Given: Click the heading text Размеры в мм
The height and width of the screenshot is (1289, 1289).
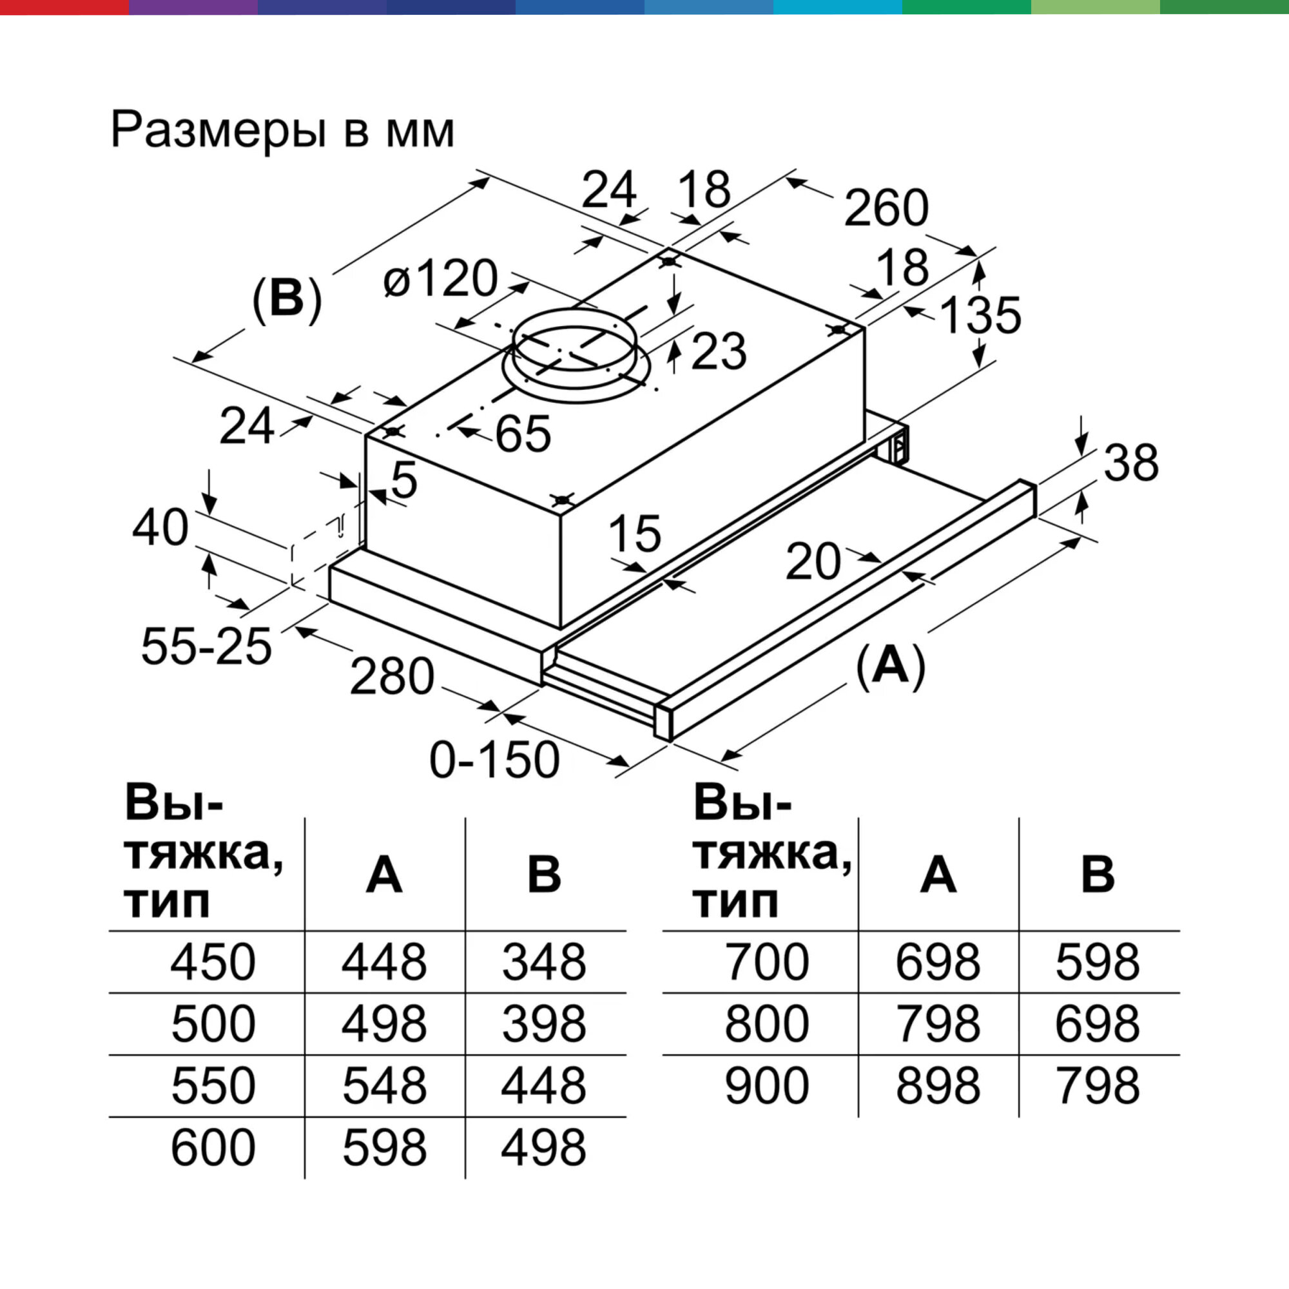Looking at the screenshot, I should coord(282,130).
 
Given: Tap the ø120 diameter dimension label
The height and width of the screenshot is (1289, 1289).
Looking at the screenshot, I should coord(440,279).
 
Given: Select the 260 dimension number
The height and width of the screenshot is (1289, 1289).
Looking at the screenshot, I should coord(886,208).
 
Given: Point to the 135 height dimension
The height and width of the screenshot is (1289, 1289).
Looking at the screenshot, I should coord(980,315).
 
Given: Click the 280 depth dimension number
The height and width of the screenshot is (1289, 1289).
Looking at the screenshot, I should coord(392,677).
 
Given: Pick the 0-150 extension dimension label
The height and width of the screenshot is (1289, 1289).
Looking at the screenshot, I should coord(494,760).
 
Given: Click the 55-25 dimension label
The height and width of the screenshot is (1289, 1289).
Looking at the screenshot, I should coord(206,646).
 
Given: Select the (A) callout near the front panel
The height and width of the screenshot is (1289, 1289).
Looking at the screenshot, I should coord(891,664).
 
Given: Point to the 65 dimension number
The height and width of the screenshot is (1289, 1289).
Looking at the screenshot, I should coord(523,434).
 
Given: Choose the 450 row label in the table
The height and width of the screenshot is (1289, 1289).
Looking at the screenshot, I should coord(213,962).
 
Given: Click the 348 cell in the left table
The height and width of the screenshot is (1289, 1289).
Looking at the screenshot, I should coord(544,962).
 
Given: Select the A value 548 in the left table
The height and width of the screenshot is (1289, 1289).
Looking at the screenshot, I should coord(384,1085).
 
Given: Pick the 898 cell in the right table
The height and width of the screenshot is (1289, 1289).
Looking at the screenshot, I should coord(937,1085).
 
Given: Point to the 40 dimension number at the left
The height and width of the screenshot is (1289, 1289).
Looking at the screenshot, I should coord(160,528).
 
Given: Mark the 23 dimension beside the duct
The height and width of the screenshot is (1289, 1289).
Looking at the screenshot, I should coord(719,351).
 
